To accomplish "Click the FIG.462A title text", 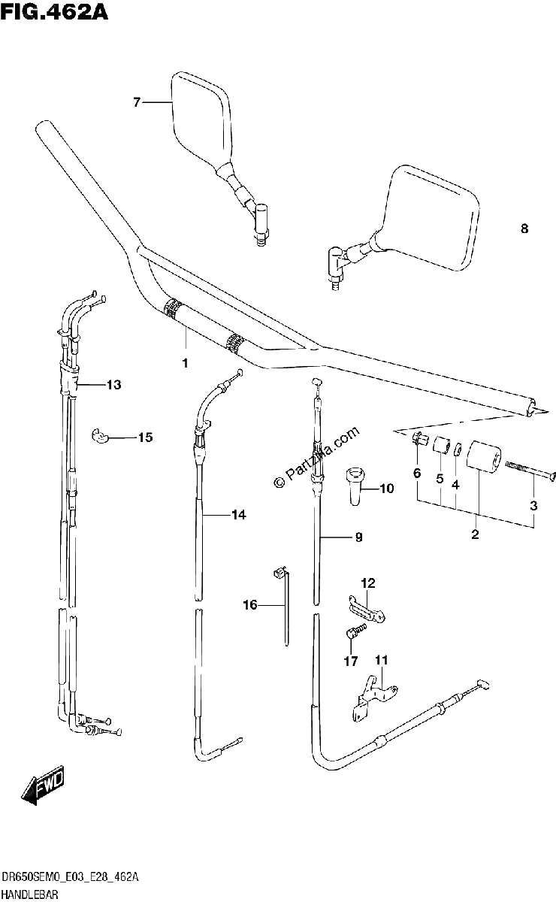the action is [x=54, y=11].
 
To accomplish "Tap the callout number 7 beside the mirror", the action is [x=137, y=103].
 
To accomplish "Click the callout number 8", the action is [x=524, y=229].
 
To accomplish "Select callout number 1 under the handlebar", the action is [x=185, y=363].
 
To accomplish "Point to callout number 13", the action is [x=114, y=385].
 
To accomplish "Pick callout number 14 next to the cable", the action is [x=239, y=514].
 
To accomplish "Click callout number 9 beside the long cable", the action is [x=358, y=537].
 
